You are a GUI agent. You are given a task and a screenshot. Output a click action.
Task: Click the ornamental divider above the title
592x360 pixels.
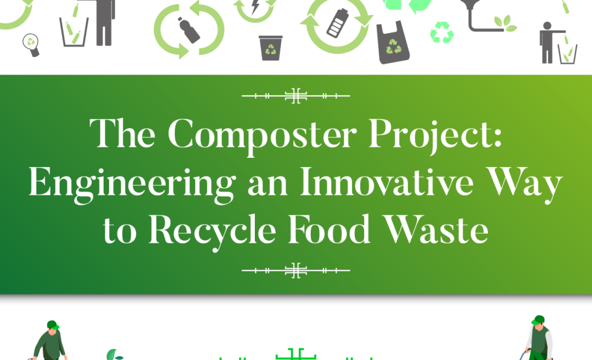pyautogui.click(x=295, y=96)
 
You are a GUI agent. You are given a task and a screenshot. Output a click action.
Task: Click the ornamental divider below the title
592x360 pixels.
pyautogui.click(x=295, y=270)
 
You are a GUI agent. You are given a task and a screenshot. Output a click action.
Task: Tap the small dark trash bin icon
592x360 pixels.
pyautogui.click(x=270, y=48)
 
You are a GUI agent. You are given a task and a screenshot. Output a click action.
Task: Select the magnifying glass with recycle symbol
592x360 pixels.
pyautogui.click(x=31, y=44)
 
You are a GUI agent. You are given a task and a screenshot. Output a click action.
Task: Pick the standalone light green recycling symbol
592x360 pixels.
pyautogui.click(x=442, y=33)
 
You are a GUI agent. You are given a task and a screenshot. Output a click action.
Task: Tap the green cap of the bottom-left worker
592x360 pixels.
pyautogui.click(x=53, y=325)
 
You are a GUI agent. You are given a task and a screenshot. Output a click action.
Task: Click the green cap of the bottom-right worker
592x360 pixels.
pyautogui.click(x=538, y=320)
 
